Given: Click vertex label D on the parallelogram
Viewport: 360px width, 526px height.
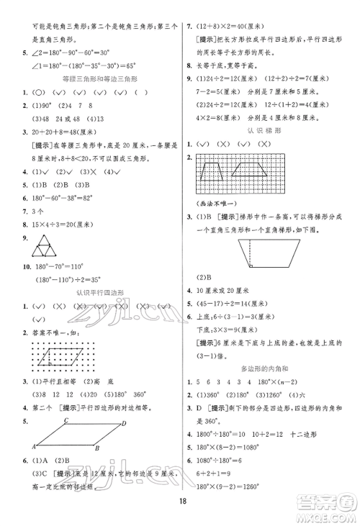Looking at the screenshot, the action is (125, 423).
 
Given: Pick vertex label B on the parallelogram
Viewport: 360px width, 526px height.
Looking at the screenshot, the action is (96, 449).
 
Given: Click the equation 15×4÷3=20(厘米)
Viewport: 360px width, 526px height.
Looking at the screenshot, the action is (60, 226).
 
